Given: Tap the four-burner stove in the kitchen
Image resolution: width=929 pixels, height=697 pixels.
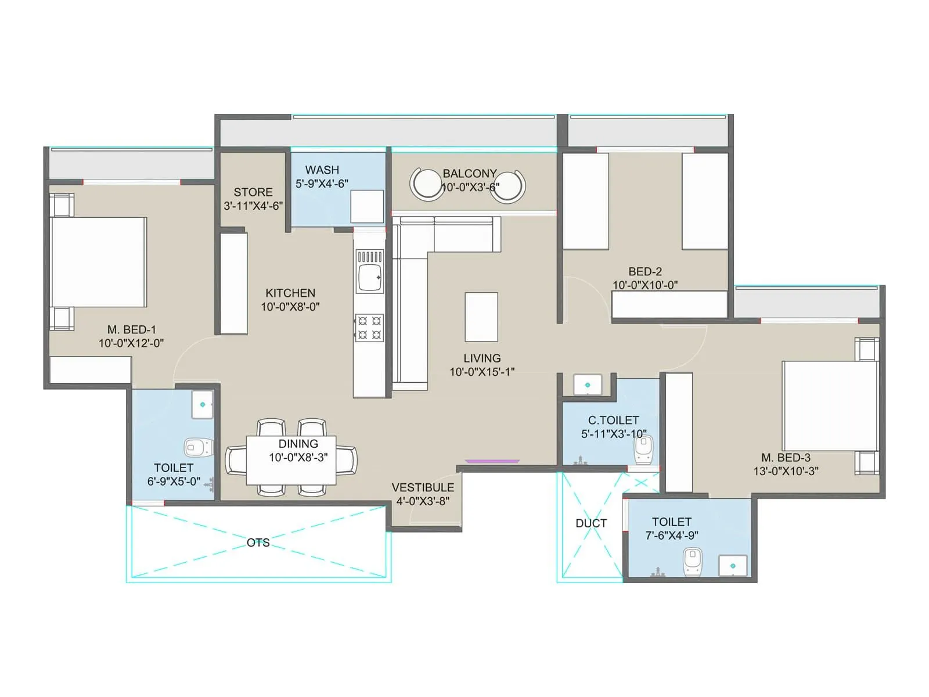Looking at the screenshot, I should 369,328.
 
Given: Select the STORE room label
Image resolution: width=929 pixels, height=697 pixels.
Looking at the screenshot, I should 253,192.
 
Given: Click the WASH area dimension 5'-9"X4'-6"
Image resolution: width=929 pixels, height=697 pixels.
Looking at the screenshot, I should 322,184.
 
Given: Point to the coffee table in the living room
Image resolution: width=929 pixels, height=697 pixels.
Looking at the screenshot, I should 481,317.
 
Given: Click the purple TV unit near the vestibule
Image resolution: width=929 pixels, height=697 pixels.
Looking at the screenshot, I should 492,461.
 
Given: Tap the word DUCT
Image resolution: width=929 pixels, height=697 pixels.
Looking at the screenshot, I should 591,523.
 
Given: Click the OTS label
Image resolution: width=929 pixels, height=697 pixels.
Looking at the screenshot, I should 258,542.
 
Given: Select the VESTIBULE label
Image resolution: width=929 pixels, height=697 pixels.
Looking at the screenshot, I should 423,488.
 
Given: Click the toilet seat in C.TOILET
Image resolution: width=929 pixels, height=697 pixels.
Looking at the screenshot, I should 643,449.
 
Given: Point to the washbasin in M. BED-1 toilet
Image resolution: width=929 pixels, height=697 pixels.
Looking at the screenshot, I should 203,404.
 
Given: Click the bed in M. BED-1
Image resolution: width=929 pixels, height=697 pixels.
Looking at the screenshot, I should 98,262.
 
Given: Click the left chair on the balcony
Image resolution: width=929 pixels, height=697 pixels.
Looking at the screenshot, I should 426,184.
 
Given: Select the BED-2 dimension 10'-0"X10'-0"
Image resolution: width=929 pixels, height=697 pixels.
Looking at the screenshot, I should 645,285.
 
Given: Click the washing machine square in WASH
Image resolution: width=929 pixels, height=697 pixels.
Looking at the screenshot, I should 367,206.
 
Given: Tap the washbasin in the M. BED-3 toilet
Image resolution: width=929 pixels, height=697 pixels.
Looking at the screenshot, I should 733,566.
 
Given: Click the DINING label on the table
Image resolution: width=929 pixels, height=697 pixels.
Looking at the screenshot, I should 298,444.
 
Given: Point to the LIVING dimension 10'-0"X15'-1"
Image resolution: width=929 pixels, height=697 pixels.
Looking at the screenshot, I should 482,372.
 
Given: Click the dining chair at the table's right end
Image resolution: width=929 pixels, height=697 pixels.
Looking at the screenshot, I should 347,461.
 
